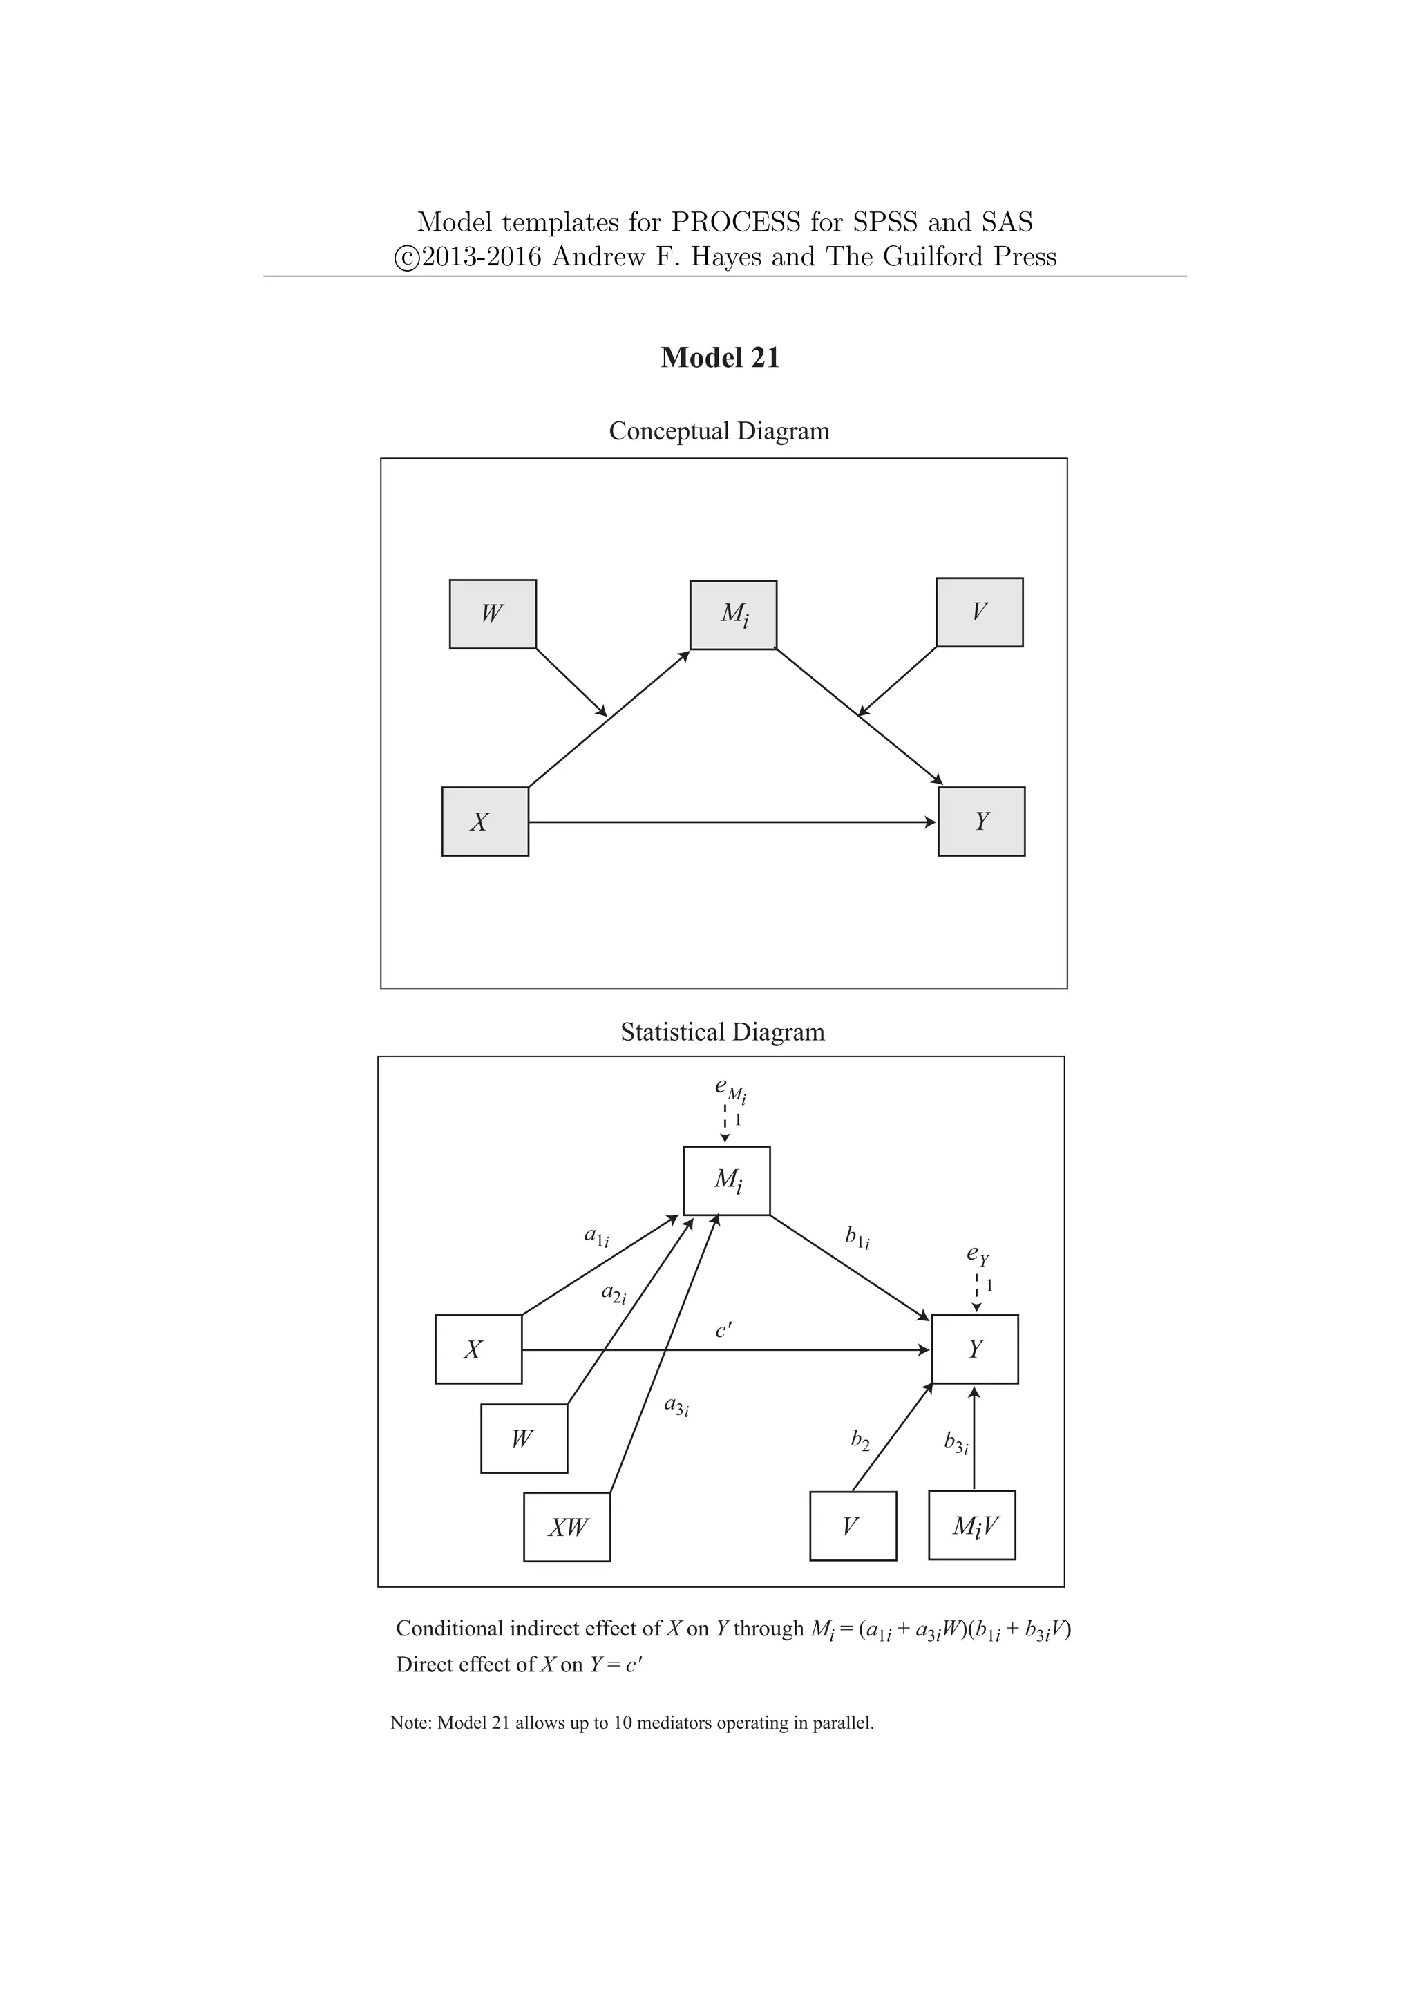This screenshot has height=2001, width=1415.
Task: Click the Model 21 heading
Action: click(720, 357)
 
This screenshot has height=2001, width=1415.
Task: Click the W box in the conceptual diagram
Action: click(493, 614)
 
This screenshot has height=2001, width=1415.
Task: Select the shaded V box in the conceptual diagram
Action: click(979, 611)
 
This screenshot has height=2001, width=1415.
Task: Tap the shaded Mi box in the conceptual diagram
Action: click(734, 614)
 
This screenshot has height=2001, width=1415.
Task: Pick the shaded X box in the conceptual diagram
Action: click(484, 821)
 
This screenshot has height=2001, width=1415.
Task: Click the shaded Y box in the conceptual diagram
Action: click(981, 821)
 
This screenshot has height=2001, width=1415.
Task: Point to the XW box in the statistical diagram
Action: click(567, 1527)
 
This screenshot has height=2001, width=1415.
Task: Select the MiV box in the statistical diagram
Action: click(972, 1525)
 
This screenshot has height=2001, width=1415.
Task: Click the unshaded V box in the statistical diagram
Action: click(852, 1526)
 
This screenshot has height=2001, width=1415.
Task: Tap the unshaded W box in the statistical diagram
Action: click(524, 1438)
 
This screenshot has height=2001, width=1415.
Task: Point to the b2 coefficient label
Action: click(860, 1441)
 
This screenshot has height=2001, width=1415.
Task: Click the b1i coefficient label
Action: click(857, 1237)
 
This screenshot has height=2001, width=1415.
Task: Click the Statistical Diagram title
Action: click(722, 1032)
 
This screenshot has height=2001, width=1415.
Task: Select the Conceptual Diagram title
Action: click(719, 430)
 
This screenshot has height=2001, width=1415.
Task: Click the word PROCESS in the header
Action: click(735, 222)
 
